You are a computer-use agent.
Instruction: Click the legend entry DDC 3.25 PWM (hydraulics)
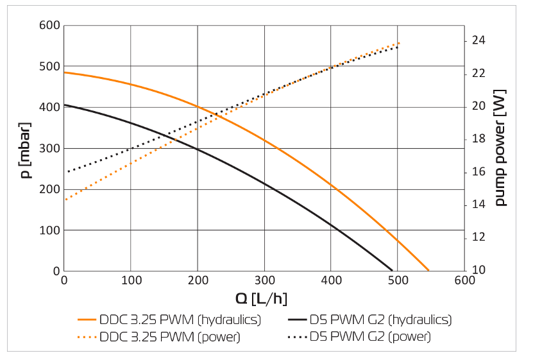169,320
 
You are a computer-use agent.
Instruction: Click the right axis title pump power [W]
500,148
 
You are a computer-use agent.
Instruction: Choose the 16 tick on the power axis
479,172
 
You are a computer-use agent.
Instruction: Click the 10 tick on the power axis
479,270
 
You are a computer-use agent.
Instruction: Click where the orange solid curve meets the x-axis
428,270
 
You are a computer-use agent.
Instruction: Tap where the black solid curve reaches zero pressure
393,270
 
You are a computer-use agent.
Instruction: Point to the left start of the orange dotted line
65,200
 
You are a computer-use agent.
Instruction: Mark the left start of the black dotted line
67,171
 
